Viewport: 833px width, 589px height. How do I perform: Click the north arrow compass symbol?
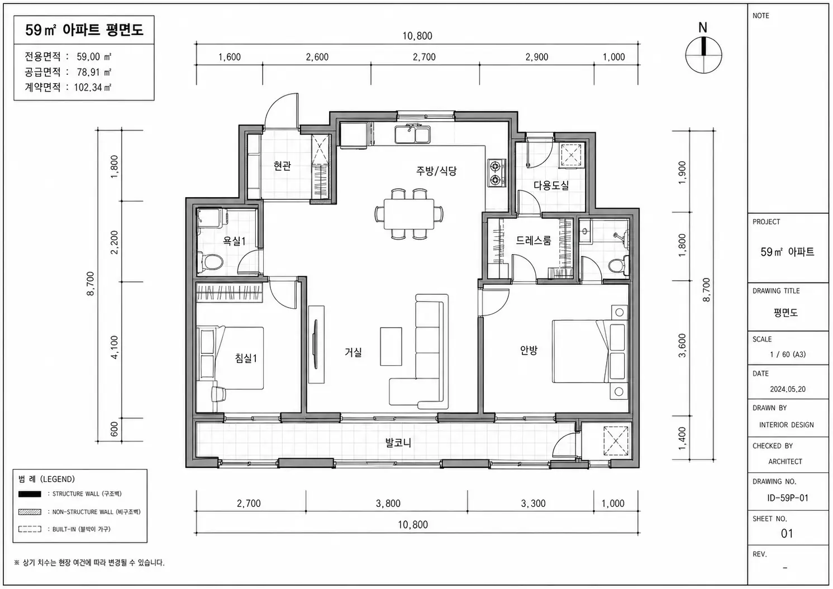coord(703,55)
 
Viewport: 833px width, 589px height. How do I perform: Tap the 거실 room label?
coord(353,352)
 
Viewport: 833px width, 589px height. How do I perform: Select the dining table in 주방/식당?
coord(409,214)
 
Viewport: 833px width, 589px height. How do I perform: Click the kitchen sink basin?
coord(412,134)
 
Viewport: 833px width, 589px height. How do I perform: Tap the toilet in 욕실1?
coord(211,262)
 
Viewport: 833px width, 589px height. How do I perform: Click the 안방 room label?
coord(529,349)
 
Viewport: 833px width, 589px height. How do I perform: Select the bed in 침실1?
coord(230,358)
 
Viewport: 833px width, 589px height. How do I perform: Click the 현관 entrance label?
coord(282,166)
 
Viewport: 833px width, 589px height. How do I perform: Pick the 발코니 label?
coord(398,443)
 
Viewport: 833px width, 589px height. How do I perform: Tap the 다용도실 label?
coord(551,185)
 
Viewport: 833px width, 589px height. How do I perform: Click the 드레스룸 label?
coord(534,241)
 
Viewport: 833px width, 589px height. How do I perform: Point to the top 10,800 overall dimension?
coord(417,36)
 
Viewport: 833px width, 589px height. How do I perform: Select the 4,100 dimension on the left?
coord(115,347)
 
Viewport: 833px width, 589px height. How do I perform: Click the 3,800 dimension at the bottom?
coord(388,504)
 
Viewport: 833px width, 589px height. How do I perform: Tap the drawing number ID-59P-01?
coord(788,498)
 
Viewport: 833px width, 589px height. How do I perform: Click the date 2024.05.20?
coord(788,389)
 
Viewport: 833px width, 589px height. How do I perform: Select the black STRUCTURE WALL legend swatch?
coord(30,494)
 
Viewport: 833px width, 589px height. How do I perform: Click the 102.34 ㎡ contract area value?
coord(93,87)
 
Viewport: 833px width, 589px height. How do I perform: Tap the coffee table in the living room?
coord(391,346)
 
